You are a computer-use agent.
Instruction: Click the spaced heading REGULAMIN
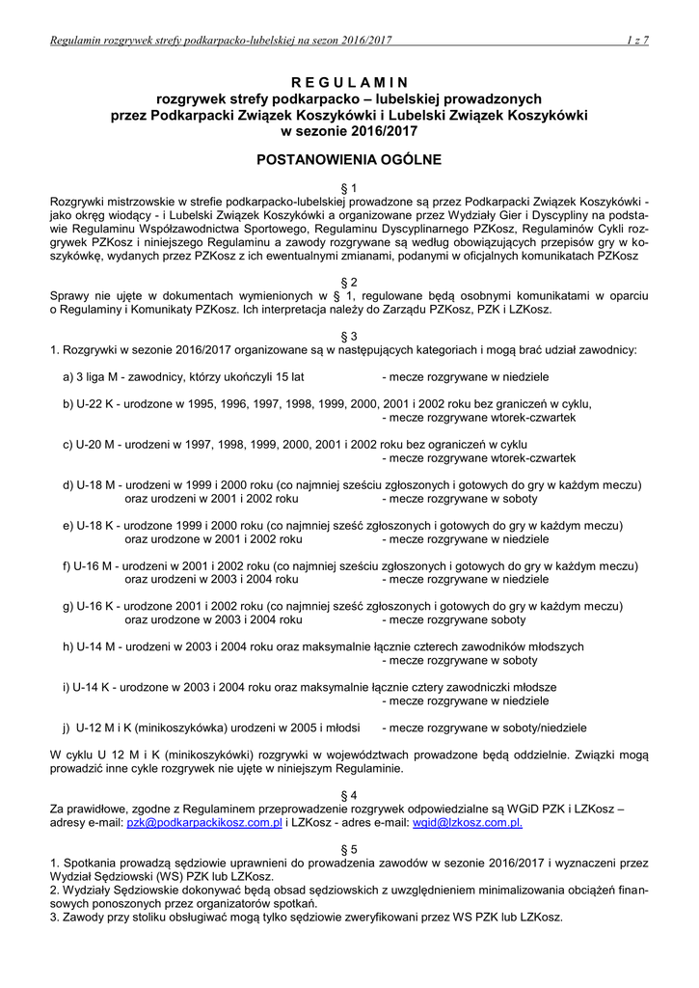349,81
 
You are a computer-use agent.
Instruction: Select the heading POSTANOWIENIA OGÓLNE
349,157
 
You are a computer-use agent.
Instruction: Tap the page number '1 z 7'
636,40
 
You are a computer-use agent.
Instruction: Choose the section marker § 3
349,333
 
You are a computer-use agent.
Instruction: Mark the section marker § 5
349,848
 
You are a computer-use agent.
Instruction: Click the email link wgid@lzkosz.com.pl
467,823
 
